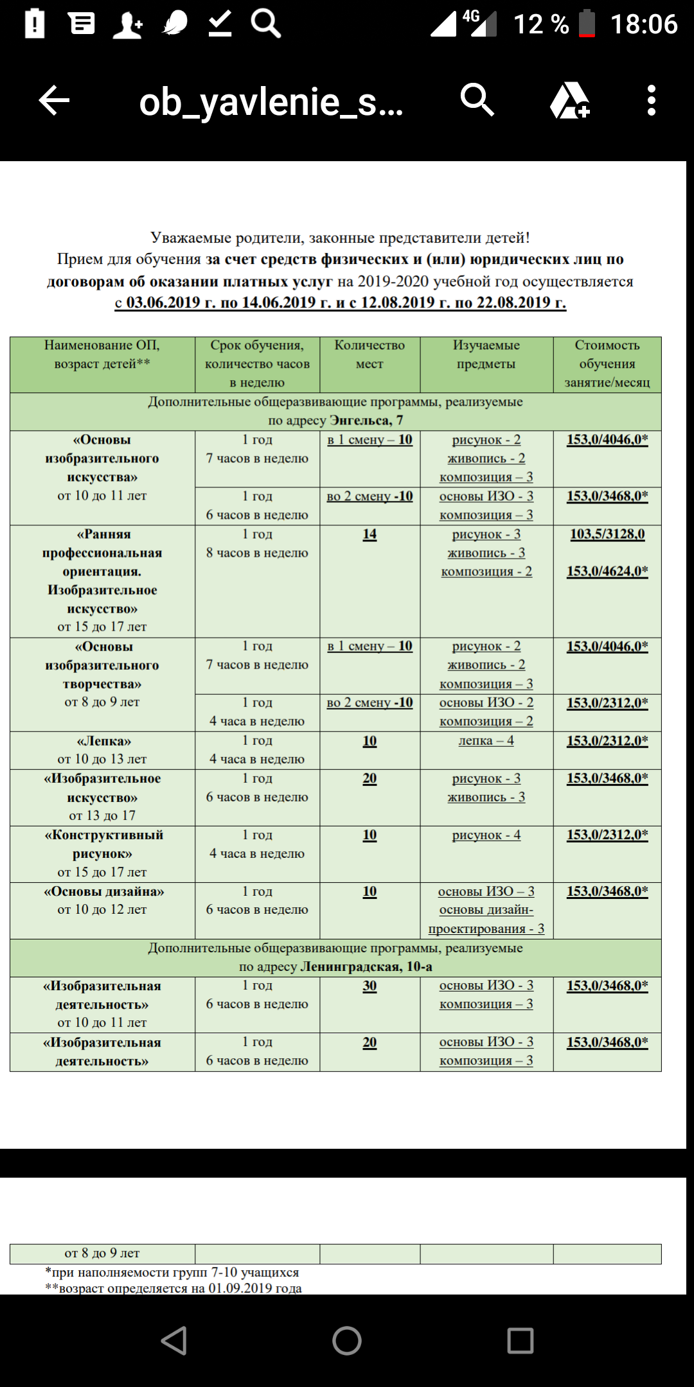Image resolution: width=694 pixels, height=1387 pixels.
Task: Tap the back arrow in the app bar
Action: coord(54,101)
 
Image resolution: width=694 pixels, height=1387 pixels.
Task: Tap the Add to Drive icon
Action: coord(569,101)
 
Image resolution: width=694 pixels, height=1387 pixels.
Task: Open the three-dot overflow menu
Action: coord(651,101)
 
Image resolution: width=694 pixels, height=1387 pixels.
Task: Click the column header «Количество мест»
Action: coord(369,354)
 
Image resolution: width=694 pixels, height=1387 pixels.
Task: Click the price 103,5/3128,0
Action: coord(607,534)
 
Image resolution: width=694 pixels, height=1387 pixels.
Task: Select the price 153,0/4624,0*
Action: coord(607,571)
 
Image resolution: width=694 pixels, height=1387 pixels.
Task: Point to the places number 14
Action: coord(369,534)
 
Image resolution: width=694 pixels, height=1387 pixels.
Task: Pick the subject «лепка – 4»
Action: coord(486,740)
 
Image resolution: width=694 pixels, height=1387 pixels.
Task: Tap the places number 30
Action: coord(369,986)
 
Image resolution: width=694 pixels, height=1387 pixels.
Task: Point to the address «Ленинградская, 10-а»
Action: coord(366,966)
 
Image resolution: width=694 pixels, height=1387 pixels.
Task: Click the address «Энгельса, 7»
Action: coord(366,421)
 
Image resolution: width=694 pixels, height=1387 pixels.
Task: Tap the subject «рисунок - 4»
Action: coord(486,835)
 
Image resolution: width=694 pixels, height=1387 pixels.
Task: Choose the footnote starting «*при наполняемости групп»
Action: coord(172,1272)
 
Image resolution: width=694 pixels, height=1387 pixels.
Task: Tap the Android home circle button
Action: coord(347,1341)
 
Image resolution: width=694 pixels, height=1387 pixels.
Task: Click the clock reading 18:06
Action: coord(643,24)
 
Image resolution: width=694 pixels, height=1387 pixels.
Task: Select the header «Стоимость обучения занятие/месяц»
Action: coord(607,363)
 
